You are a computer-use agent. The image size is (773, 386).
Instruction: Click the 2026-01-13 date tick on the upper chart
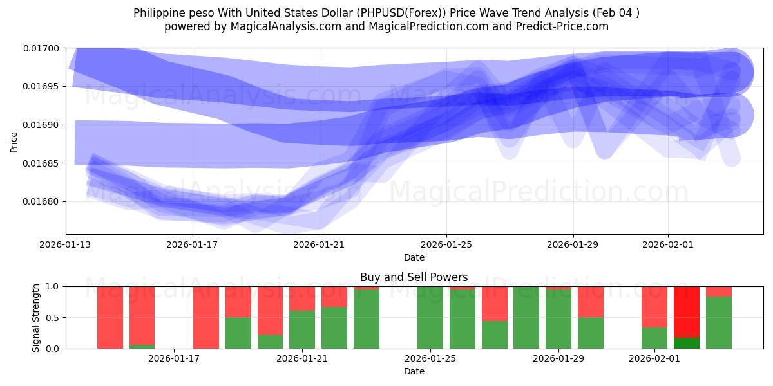click(x=66, y=244)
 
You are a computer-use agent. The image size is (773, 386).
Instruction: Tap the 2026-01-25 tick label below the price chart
click(x=446, y=244)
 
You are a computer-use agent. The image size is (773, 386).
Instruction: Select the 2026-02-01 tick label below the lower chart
click(x=654, y=358)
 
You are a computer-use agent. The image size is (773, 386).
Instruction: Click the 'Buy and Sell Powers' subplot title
click(x=414, y=278)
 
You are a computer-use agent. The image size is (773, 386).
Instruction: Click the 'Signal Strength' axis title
click(x=37, y=317)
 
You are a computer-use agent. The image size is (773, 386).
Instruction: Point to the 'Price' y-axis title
click(x=14, y=142)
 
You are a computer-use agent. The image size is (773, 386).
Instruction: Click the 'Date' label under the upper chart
click(x=414, y=257)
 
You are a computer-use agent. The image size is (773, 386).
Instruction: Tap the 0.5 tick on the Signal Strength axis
click(x=52, y=318)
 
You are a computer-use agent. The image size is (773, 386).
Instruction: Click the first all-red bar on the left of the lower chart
click(x=110, y=317)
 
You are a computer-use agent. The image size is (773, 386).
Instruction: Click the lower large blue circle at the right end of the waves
click(x=730, y=116)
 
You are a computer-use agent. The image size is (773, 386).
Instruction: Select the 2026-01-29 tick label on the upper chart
click(x=573, y=244)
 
